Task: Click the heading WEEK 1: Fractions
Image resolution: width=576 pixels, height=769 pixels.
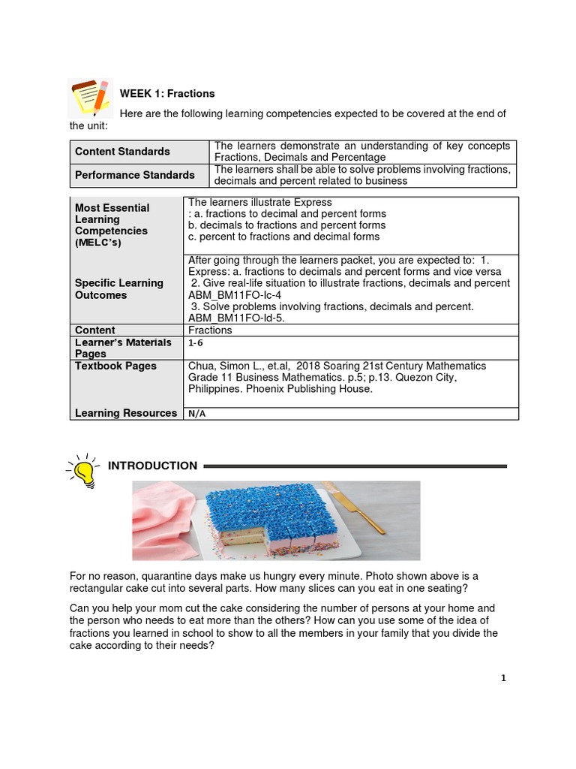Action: (x=167, y=94)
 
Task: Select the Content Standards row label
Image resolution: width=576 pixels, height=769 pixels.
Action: (x=122, y=152)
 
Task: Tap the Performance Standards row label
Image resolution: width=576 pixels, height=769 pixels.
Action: (x=134, y=175)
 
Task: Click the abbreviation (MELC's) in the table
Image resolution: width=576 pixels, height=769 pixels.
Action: (x=97, y=243)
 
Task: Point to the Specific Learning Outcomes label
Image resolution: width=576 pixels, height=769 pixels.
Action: (x=118, y=289)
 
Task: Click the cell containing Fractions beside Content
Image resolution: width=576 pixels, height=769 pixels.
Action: (x=210, y=330)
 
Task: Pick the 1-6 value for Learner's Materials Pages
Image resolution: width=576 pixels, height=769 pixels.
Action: (x=196, y=342)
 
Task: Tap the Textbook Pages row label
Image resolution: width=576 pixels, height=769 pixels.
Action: (x=115, y=366)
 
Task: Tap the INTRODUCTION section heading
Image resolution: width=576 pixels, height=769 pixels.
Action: (x=152, y=466)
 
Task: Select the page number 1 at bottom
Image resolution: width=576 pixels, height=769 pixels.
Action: (x=504, y=678)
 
